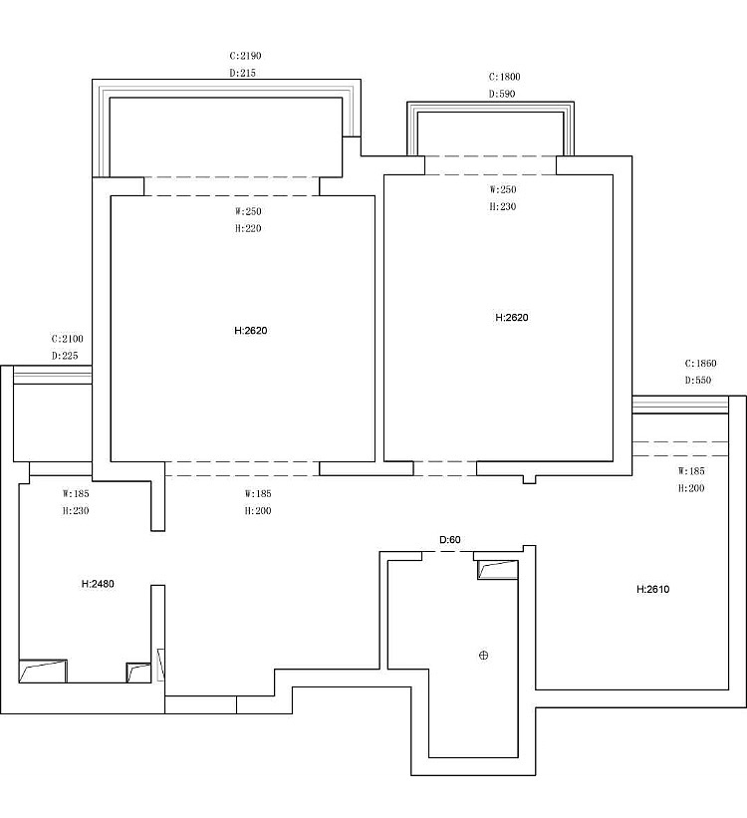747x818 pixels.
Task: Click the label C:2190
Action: [245, 56]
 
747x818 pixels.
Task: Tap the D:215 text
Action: [243, 73]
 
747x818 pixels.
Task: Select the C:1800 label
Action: [504, 77]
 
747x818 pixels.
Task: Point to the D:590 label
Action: [502, 94]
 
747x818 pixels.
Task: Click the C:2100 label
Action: [68, 339]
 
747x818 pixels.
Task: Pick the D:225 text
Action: [65, 356]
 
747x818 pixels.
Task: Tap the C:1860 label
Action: [700, 363]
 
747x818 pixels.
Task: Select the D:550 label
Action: [698, 381]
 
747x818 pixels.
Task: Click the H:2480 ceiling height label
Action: [98, 584]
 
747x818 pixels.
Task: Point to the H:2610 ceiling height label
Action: [652, 589]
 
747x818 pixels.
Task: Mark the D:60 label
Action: [449, 539]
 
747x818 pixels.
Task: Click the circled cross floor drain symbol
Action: [484, 656]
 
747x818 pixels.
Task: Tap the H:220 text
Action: [248, 228]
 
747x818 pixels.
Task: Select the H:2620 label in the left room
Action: [250, 330]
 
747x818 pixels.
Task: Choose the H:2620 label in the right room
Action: [511, 317]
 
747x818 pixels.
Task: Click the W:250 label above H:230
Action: [503, 189]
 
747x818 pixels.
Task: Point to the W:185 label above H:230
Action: [76, 493]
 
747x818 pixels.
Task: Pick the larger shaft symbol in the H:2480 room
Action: [43, 671]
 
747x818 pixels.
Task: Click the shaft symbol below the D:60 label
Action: [498, 570]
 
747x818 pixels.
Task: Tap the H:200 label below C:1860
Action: [691, 488]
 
